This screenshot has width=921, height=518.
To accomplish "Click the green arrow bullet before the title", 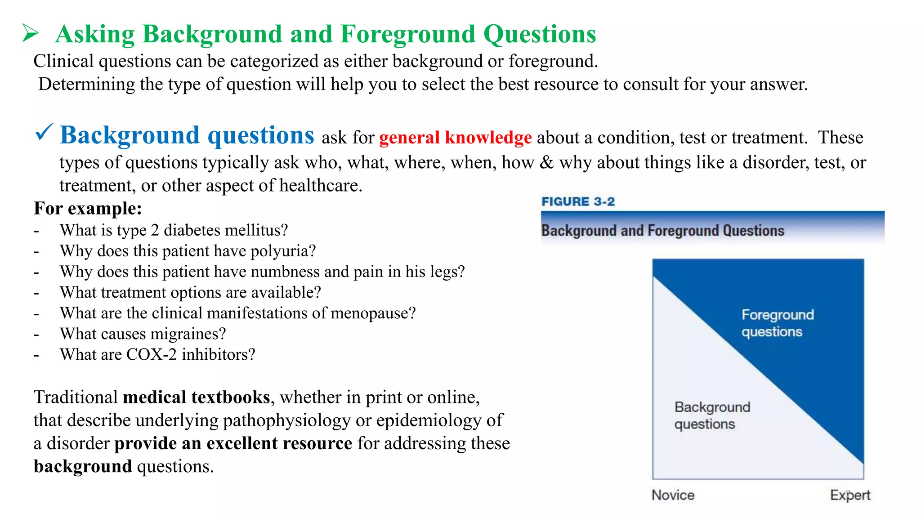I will (30, 34).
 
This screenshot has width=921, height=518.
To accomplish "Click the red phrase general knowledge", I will (455, 138).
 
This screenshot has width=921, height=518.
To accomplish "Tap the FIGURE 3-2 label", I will (578, 201).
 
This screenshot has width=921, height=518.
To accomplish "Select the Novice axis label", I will (673, 495).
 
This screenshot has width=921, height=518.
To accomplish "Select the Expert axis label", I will (850, 495).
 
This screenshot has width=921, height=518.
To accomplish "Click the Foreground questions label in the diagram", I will (777, 323).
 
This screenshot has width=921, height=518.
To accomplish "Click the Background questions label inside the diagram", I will (712, 415).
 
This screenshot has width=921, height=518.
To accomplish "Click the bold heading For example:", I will (88, 209).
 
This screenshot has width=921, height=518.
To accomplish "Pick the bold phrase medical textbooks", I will (197, 397).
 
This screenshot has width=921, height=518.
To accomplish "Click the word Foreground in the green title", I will (407, 34).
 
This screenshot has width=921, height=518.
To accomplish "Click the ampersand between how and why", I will (546, 162).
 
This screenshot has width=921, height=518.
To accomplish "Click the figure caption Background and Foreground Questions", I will (662, 231).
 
